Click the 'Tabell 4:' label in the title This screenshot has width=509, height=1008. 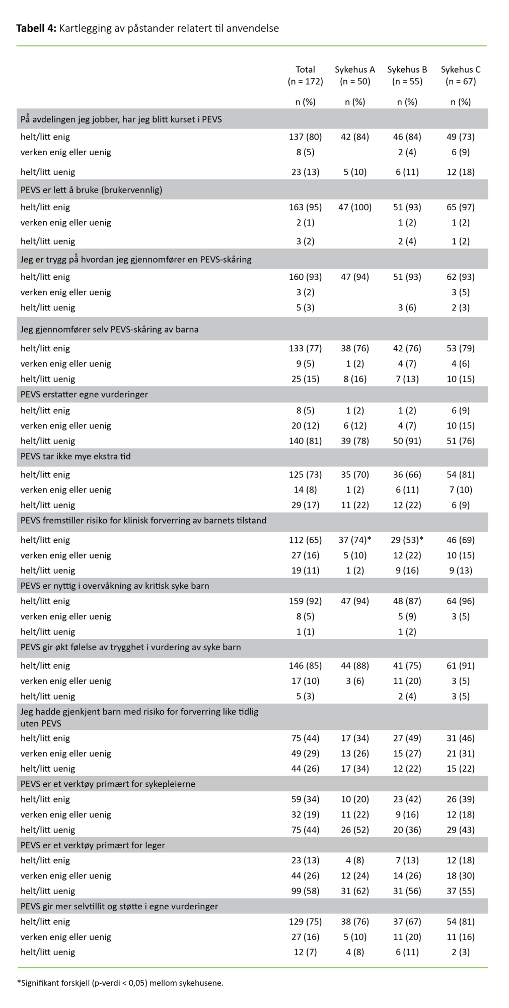[x=36, y=28]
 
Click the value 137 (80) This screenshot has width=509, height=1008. [x=305, y=137]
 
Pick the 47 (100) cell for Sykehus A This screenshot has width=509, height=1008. [x=355, y=207]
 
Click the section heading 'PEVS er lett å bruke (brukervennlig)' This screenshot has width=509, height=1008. [x=91, y=190]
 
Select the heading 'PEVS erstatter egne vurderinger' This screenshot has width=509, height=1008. [x=84, y=394]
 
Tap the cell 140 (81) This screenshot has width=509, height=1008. [x=305, y=440]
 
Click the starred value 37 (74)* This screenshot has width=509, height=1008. [x=355, y=540]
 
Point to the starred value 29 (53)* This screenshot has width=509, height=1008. [x=407, y=540]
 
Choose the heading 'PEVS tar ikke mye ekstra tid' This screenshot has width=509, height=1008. [x=76, y=456]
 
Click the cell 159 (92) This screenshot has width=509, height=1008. [x=305, y=601]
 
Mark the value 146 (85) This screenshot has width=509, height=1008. [x=305, y=665]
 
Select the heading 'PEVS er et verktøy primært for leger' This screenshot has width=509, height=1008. [x=93, y=845]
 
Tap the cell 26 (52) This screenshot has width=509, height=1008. [x=355, y=830]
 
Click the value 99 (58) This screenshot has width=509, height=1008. [x=305, y=891]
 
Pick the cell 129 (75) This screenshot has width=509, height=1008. [x=305, y=921]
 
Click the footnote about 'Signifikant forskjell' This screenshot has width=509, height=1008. [x=120, y=982]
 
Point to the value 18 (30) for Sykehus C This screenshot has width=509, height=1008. [x=461, y=875]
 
